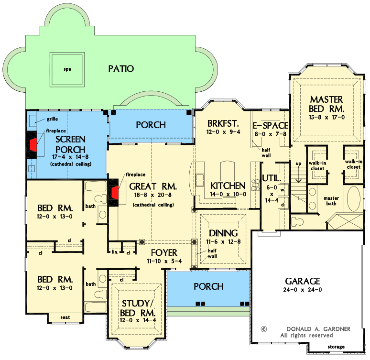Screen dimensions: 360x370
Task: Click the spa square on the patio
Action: coord(67,69)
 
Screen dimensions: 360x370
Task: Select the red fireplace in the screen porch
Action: coord(33,144)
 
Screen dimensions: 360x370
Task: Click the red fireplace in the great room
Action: coord(115,193)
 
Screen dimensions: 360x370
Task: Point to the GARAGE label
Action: coord(302,281)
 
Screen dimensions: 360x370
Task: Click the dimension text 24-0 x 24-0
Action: coord(302,290)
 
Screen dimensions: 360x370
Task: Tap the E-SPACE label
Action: coord(271,126)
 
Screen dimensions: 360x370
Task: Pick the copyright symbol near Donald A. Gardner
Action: coord(263,329)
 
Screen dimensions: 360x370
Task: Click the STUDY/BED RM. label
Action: coord(138,308)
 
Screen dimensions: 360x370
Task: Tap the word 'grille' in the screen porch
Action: coord(53,119)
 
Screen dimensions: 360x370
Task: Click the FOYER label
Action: coord(163,252)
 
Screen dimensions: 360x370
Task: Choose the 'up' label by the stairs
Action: coord(299,164)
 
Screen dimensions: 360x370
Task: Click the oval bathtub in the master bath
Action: coord(354,200)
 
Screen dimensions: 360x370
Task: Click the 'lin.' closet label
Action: coord(115,251)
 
